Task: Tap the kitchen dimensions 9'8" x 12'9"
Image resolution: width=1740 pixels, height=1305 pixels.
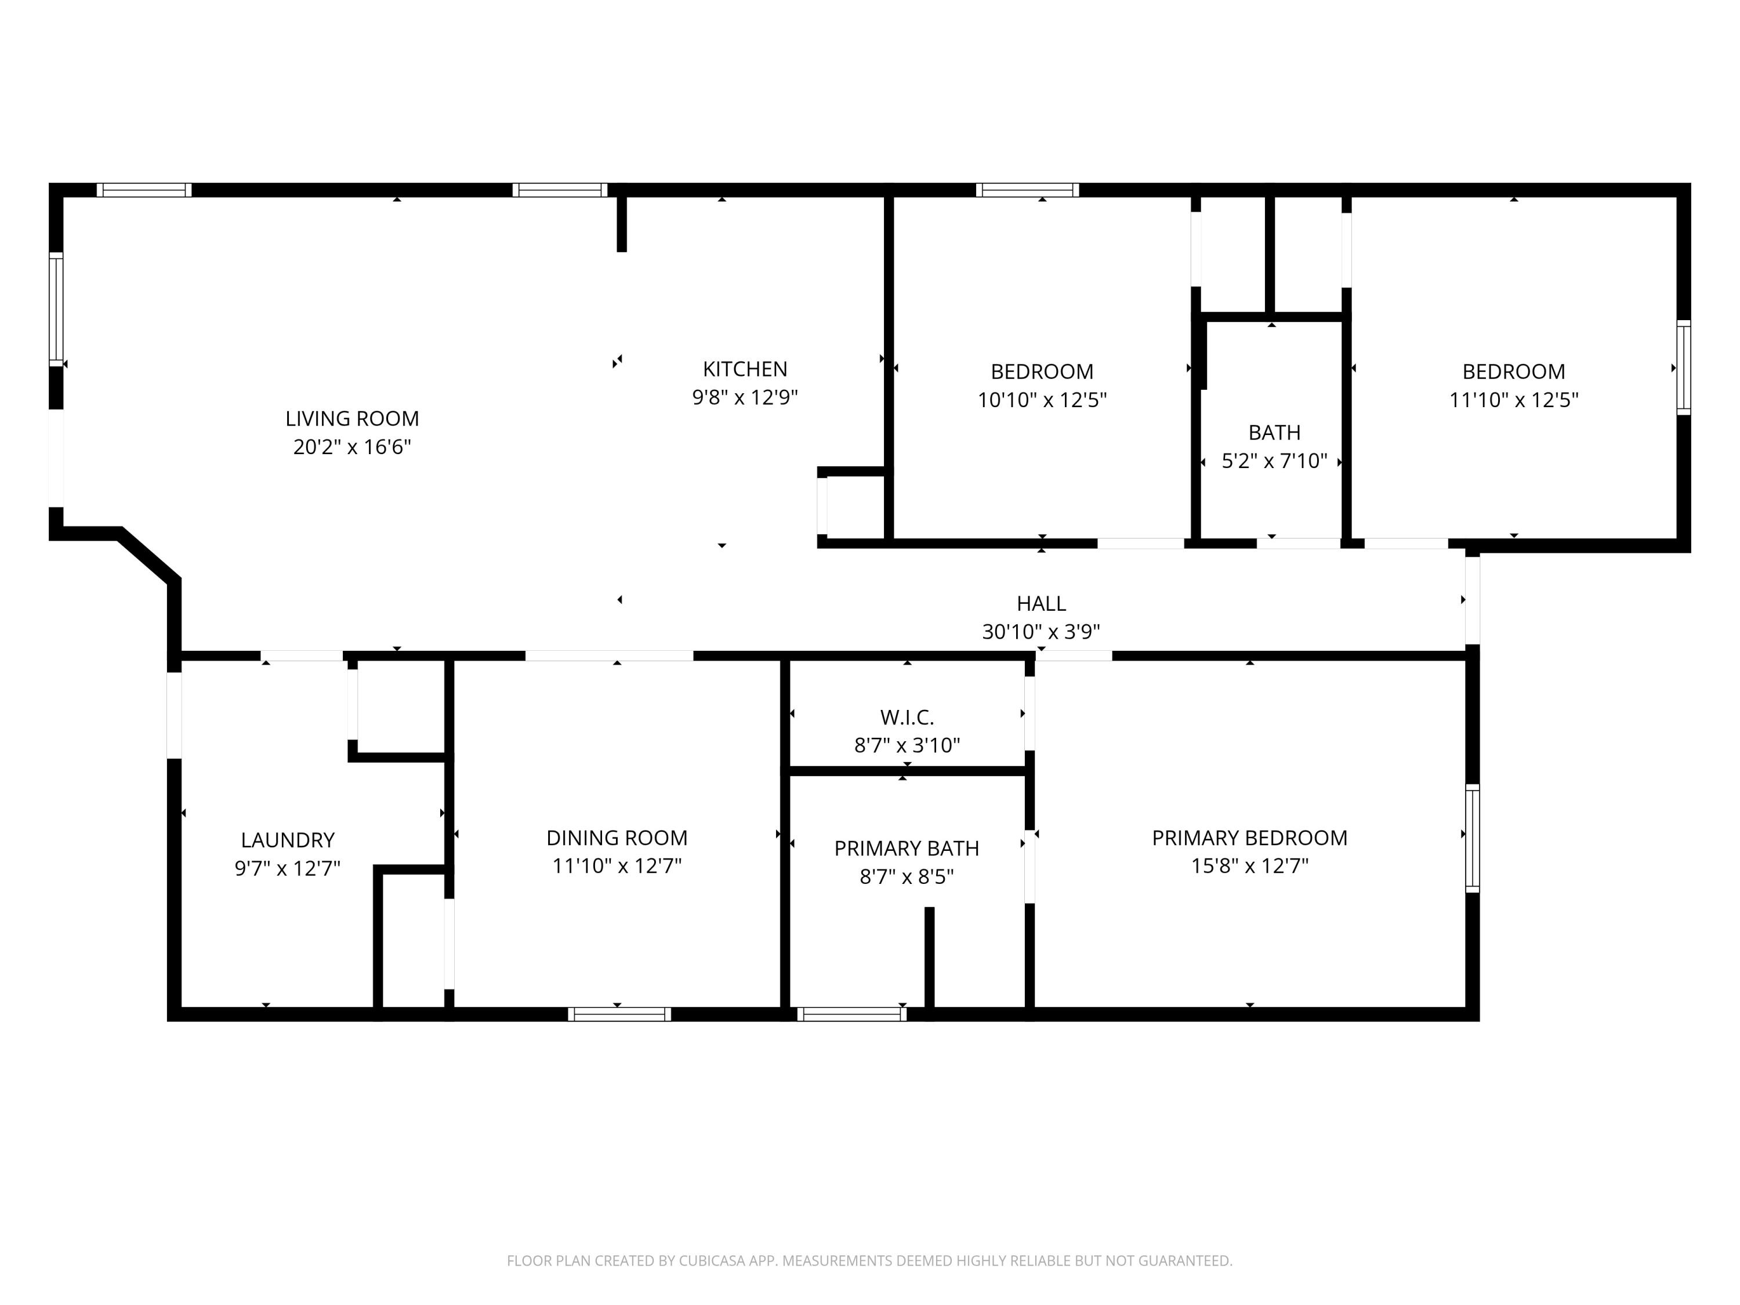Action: click(744, 397)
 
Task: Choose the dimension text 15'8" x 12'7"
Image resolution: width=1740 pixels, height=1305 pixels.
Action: click(1249, 866)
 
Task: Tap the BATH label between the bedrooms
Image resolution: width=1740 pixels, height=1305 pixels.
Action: click(1274, 433)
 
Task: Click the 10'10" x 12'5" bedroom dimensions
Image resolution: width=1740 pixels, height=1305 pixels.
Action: click(1042, 400)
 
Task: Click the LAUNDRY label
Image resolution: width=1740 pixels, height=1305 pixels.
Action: click(287, 840)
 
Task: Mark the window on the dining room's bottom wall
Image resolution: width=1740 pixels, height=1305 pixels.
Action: click(619, 1014)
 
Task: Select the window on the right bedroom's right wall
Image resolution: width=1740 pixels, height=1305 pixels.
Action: click(1683, 367)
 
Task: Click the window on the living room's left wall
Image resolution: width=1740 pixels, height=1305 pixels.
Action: click(56, 309)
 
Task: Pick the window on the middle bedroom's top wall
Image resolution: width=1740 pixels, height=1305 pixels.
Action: click(1027, 190)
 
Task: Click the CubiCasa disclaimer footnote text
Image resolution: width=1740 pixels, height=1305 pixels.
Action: click(869, 1261)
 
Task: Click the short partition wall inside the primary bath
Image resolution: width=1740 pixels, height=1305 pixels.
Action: click(929, 956)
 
